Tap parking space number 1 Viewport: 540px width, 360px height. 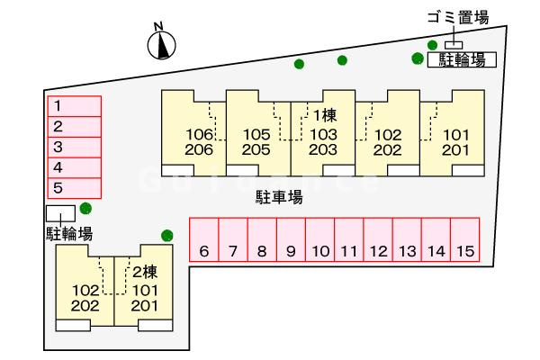(x=75, y=106)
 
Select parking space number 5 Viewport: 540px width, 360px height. (x=75, y=188)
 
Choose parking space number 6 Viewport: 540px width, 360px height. (x=204, y=239)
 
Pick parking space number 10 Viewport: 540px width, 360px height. (x=319, y=239)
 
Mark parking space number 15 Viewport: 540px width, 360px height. (x=465, y=239)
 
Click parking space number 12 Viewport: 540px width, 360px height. (x=378, y=239)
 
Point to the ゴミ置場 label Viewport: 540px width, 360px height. (x=458, y=18)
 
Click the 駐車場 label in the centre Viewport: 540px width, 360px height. (x=279, y=197)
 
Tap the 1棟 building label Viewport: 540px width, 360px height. (x=324, y=115)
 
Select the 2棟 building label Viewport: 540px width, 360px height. (x=145, y=272)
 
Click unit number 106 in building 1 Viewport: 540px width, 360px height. (x=200, y=134)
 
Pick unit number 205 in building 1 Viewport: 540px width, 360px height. (x=256, y=150)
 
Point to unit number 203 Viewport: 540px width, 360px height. (x=323, y=150)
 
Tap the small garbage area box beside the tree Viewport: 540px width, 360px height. (x=454, y=45)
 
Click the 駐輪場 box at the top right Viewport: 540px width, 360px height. (x=462, y=59)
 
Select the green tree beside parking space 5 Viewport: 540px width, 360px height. (x=85, y=208)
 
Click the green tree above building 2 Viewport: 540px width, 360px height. (x=167, y=236)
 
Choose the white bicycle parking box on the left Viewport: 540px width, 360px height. (x=60, y=213)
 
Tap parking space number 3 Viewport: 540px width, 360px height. (x=75, y=147)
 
